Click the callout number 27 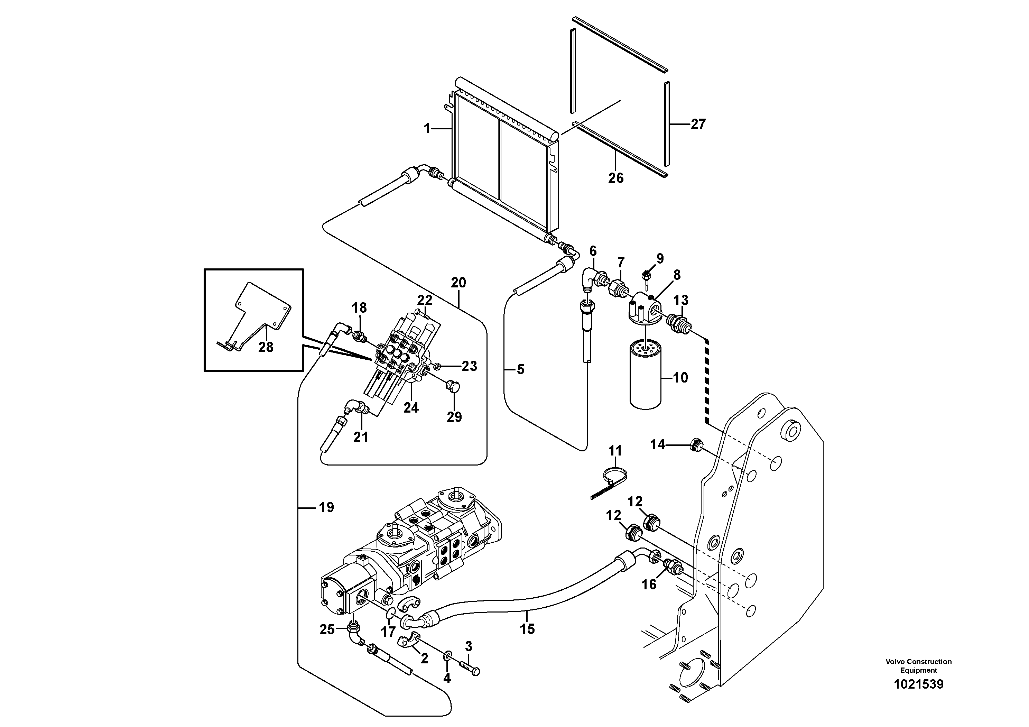tap(698, 124)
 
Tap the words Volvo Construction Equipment tap(918, 666)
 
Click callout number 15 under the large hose tap(527, 629)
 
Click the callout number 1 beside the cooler tap(427, 129)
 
